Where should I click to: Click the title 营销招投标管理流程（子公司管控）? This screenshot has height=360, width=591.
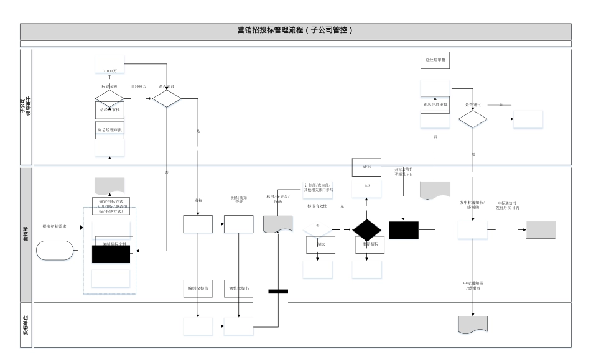point(295,30)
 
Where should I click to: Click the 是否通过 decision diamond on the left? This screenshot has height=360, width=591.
point(167,98)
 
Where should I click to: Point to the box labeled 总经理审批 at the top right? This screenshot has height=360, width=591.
point(435,60)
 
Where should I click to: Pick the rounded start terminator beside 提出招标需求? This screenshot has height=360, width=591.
point(54,250)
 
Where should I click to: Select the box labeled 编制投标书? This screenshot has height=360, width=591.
point(198,288)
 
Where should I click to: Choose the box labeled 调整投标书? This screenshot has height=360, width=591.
point(238,288)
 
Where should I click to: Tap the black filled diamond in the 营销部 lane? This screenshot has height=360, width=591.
point(366,230)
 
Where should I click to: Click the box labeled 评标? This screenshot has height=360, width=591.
point(366,167)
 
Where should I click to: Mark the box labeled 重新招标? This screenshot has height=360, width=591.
point(366,244)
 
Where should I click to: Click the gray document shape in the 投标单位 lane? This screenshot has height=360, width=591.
point(473,325)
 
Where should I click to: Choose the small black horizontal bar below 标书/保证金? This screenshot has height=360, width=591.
point(278,291)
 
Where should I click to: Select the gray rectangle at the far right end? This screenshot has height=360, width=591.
point(541,229)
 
